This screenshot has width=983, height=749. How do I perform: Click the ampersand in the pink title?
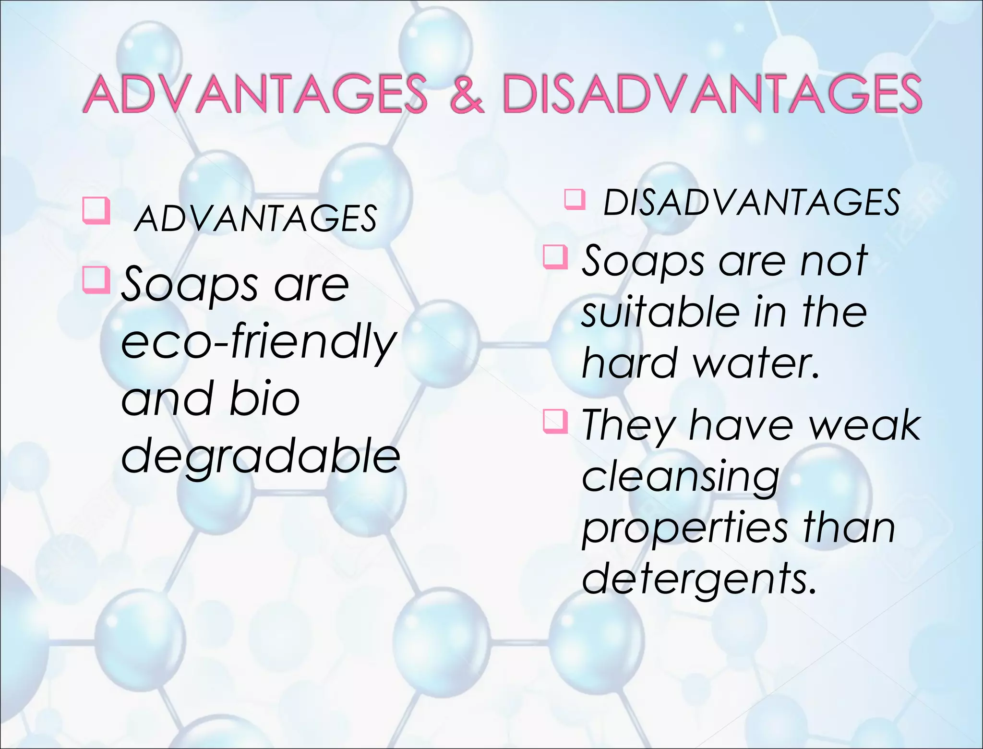click(467, 94)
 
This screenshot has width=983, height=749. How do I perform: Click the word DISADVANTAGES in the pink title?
click(711, 94)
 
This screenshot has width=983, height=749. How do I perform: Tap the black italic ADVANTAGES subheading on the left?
click(255, 219)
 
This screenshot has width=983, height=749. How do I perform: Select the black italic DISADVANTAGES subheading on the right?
click(751, 203)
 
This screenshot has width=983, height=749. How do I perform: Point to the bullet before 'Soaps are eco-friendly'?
click(96, 280)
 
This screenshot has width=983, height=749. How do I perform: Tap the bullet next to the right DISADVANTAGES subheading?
click(575, 199)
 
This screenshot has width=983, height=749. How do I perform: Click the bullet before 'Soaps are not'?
click(555, 256)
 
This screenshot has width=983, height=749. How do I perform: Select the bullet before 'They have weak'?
click(555, 421)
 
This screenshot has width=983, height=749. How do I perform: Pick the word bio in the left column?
click(264, 399)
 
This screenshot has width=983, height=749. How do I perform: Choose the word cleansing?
click(681, 478)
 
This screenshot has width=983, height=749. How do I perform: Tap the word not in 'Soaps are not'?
click(833, 261)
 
